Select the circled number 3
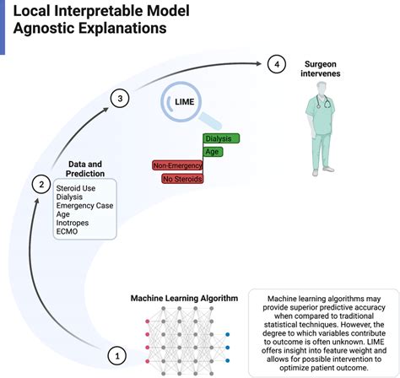[121, 99]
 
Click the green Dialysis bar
[222, 138]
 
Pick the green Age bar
[213, 152]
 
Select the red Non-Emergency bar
[176, 165]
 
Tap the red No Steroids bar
[181, 179]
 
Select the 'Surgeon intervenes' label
[323, 68]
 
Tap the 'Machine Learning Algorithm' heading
[183, 299]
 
